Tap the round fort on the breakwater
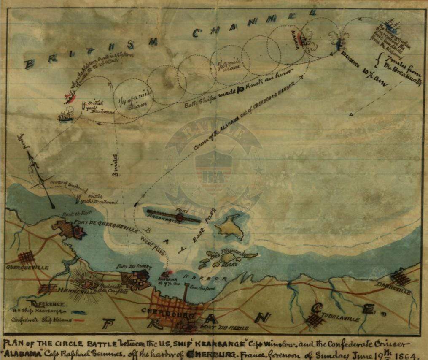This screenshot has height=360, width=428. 180,217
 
